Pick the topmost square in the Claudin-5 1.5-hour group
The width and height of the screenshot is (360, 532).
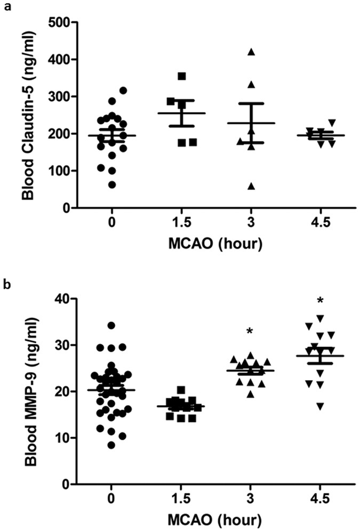tap(182, 76)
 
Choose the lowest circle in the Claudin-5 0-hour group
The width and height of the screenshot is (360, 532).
tap(111, 185)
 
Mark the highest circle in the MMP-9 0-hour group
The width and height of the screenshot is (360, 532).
tap(111, 325)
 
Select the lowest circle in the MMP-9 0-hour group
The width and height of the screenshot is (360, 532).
tap(111, 445)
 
